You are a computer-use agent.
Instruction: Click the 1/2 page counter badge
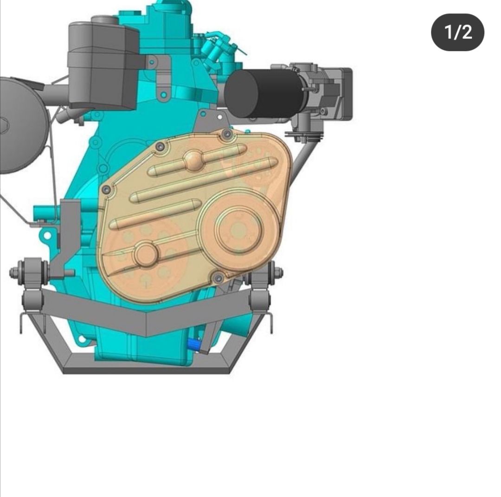[457, 32]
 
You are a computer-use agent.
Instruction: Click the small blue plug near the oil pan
[194, 344]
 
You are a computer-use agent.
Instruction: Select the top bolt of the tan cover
[227, 135]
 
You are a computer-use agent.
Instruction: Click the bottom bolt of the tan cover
[218, 278]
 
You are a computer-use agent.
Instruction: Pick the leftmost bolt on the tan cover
[107, 190]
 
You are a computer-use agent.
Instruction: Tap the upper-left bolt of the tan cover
[161, 147]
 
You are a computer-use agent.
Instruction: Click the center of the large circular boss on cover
[238, 229]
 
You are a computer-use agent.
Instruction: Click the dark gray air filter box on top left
[103, 65]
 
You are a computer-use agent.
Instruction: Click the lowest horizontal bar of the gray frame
[147, 370]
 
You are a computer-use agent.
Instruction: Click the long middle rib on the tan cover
[204, 179]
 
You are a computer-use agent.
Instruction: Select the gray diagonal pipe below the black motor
[304, 155]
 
